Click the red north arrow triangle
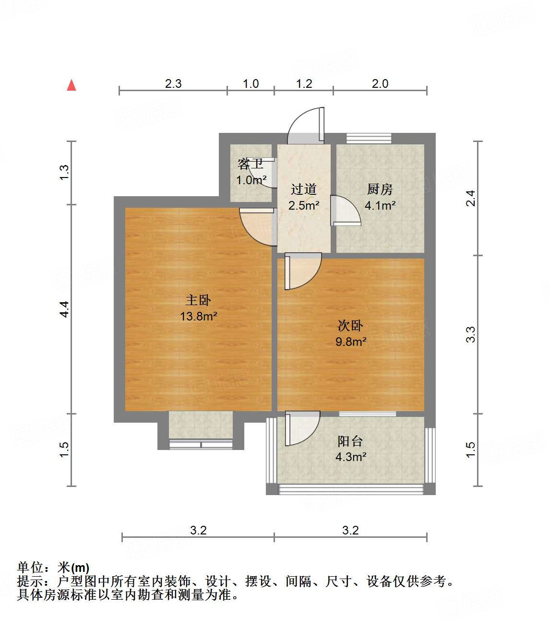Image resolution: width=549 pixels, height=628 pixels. [72, 85]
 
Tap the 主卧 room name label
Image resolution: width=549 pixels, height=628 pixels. [198, 300]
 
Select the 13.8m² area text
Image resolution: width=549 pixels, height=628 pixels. [198, 317]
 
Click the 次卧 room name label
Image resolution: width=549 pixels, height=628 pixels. [350, 326]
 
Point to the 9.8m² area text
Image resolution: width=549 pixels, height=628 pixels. [351, 342]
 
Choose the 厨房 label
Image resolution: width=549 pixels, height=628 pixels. [380, 190]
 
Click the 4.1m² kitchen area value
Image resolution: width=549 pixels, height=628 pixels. [380, 206]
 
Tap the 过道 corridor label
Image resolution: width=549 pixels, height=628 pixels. [304, 190]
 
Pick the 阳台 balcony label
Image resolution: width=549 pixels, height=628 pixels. [350, 441]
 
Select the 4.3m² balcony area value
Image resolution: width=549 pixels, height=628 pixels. [351, 457]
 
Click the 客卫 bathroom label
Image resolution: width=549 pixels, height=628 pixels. [251, 164]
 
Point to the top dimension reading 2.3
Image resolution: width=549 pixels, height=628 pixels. [173, 84]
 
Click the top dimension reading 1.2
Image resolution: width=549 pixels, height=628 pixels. [304, 84]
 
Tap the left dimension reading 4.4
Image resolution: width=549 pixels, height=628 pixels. [64, 308]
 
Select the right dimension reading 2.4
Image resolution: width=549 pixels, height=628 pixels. [471, 198]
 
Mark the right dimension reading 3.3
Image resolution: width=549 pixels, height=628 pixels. [471, 334]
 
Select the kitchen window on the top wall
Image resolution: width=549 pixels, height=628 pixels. [369, 139]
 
